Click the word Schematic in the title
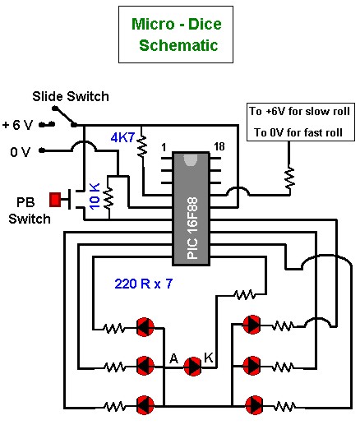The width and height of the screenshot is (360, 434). [x=178, y=45]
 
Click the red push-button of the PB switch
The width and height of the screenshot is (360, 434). [x=55, y=200]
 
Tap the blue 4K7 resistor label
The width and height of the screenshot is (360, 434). [x=122, y=137]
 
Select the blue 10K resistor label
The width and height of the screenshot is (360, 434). [x=95, y=196]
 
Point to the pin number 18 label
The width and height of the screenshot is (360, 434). [x=219, y=146]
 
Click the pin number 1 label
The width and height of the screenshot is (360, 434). [x=164, y=147]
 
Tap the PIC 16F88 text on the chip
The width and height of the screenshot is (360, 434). [x=192, y=228]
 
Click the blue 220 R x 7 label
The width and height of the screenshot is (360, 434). [x=144, y=284]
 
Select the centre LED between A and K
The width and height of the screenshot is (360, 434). [x=193, y=367]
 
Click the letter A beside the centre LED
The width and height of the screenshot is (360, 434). [x=173, y=358]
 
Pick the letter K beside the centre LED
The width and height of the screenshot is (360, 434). [x=209, y=358]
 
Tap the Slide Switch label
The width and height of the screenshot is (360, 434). [x=71, y=96]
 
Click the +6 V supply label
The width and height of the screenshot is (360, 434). [x=18, y=125]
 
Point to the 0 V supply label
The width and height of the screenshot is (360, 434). [x=20, y=152]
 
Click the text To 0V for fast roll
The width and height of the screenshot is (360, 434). [x=298, y=132]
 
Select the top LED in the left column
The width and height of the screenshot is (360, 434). [x=145, y=327]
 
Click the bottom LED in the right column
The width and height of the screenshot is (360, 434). [x=254, y=405]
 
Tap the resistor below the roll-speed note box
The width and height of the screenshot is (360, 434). [x=289, y=178]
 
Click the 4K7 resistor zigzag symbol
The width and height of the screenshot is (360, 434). [x=142, y=145]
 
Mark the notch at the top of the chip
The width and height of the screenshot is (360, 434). [x=191, y=159]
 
